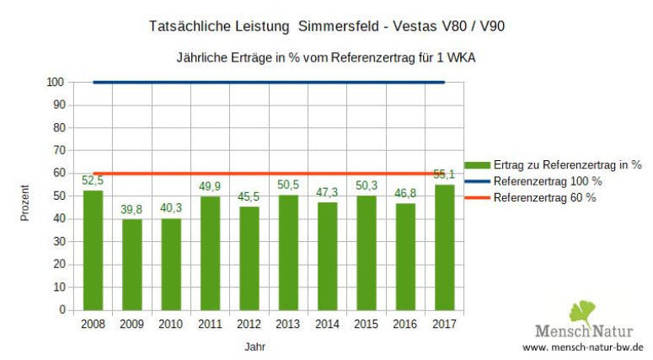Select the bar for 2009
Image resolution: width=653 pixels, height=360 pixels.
click(132, 265)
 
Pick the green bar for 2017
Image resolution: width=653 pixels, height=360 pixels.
click(444, 247)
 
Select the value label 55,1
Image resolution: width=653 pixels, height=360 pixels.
click(444, 175)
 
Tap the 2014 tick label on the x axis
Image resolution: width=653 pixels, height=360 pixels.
click(327, 323)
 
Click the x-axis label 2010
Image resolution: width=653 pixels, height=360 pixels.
click(171, 323)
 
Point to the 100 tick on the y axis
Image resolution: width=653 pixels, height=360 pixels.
click(56, 82)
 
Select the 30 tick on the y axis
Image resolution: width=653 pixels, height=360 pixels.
click(58, 242)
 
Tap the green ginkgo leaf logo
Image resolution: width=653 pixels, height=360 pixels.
click(582, 312)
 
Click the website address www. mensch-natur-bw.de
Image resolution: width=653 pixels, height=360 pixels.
click(583, 347)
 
